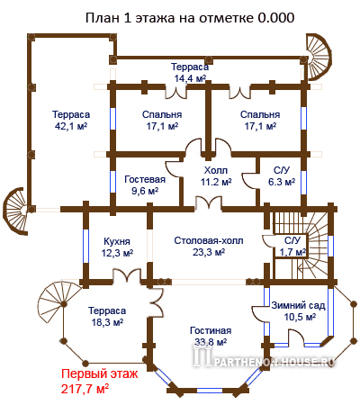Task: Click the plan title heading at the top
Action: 190,18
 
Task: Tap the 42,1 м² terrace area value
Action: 71,126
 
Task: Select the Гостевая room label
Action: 145,179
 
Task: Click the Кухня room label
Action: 117,241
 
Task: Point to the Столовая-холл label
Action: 209,240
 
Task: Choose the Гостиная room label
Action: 211,330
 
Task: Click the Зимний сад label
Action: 298,305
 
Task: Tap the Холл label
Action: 216,170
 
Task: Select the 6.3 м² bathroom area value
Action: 282,182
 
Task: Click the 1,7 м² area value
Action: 292,252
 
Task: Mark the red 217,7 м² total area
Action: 85,389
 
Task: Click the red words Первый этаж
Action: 100,374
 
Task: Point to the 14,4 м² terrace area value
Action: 190,78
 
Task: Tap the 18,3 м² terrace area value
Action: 107,322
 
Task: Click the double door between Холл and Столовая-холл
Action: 209,202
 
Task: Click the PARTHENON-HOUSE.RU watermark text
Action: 274,362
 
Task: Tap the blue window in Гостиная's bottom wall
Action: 210,391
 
